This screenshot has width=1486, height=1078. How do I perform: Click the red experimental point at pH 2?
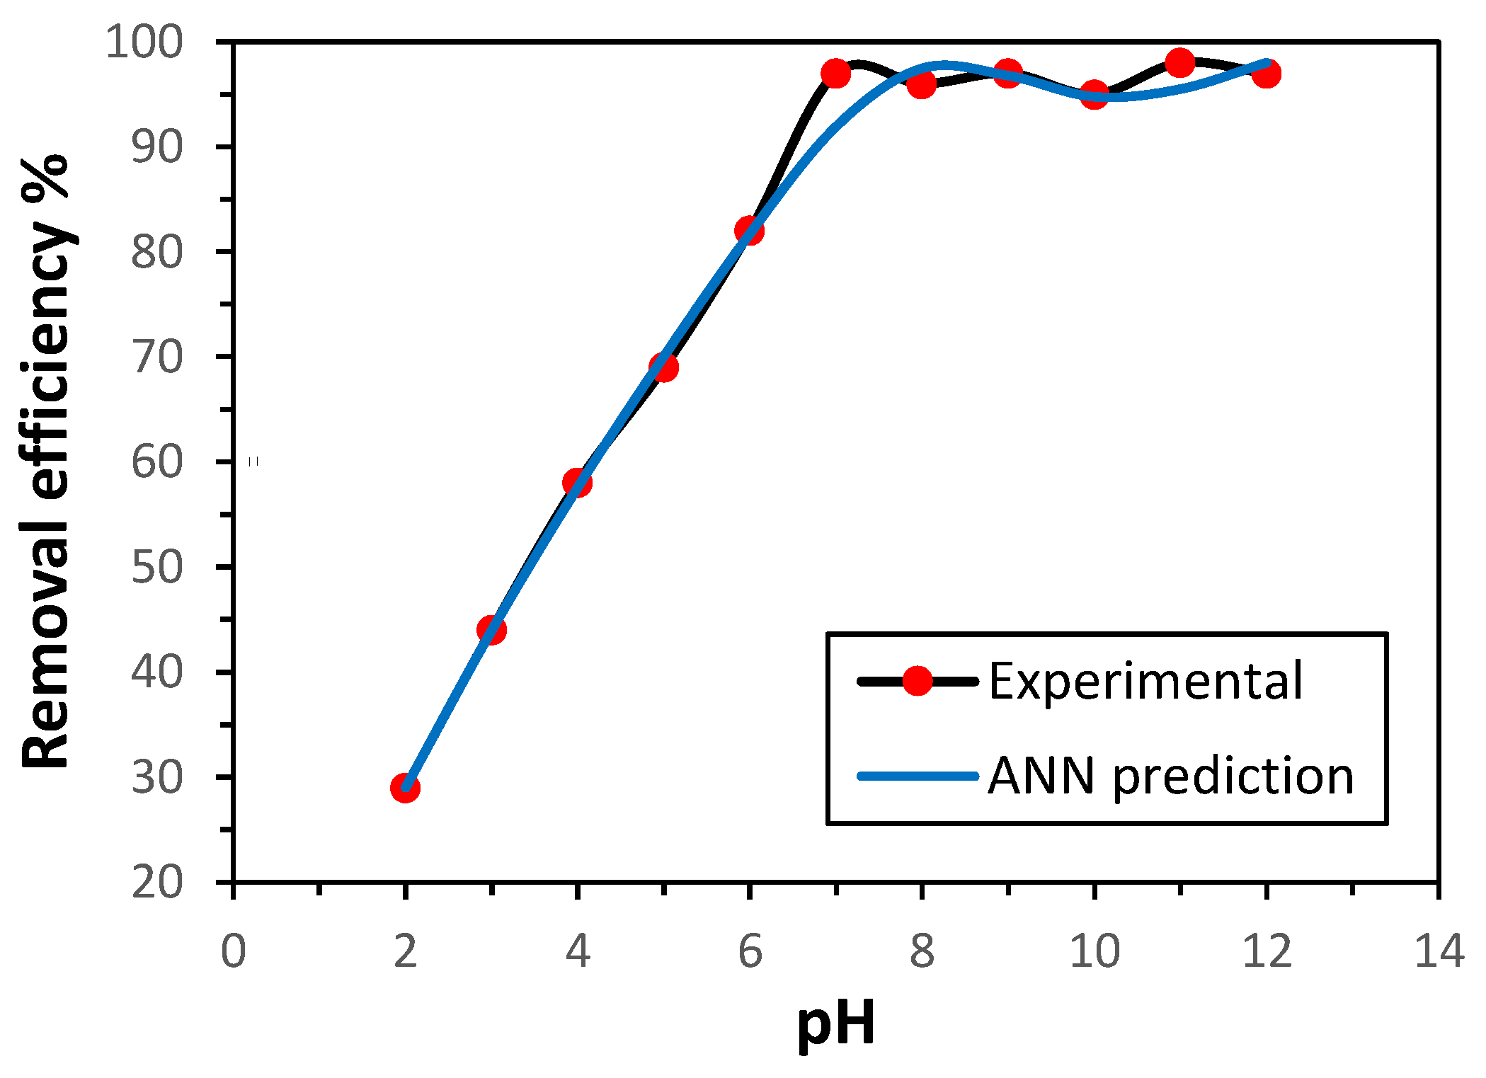tap(405, 788)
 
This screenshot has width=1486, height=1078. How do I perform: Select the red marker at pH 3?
tap(491, 629)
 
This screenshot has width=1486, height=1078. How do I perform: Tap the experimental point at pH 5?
tap(663, 367)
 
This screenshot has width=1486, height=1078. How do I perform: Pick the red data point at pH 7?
tap(836, 73)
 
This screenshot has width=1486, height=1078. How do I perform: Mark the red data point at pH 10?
tap(1095, 94)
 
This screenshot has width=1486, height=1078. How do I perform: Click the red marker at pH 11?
tap(1180, 63)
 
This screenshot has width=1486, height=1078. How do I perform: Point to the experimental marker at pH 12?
tap(1267, 73)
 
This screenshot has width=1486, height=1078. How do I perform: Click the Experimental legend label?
tap(1145, 681)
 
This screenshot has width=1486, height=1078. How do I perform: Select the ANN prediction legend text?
tap(1170, 776)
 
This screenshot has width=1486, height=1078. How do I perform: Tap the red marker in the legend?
tap(918, 681)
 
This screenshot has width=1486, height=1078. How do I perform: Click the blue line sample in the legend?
tap(918, 776)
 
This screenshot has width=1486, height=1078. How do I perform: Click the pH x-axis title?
tap(836, 1023)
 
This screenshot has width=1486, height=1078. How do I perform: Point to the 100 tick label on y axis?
tap(144, 42)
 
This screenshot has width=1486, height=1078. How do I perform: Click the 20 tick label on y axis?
tap(157, 883)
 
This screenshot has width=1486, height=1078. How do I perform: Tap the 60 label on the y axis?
tap(157, 462)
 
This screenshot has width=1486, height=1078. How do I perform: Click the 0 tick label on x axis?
tap(233, 951)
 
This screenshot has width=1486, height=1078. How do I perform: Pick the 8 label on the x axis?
tap(922, 951)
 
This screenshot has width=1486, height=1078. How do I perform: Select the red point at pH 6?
tap(749, 230)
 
